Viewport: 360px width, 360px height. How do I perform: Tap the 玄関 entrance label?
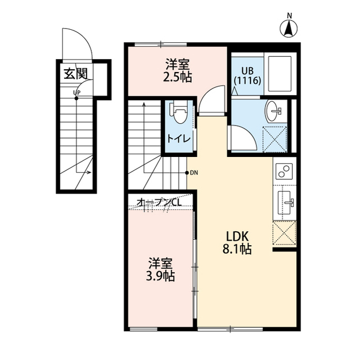tap(76, 74)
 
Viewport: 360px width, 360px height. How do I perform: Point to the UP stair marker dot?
tap(76, 98)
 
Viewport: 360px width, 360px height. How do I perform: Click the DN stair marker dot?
tap(187, 173)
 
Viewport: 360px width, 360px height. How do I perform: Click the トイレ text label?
tap(179, 139)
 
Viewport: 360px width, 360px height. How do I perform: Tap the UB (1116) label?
tap(247, 76)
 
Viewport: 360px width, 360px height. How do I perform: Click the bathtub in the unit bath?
tap(280, 74)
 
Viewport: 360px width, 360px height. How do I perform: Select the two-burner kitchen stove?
tap(284, 171)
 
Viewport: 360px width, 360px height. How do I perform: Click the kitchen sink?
tap(285, 202)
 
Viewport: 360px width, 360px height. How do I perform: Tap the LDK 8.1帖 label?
tap(237, 242)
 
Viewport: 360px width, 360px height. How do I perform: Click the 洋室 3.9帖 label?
tap(160, 269)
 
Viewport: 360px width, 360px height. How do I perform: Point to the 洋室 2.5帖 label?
tap(177, 71)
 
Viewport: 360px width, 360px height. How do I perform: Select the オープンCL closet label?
tap(159, 202)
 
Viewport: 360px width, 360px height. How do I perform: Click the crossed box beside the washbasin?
tap(275, 139)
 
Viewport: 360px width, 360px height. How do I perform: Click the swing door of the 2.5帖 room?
tap(211, 101)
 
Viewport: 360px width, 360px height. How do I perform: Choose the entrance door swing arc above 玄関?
tap(78, 43)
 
